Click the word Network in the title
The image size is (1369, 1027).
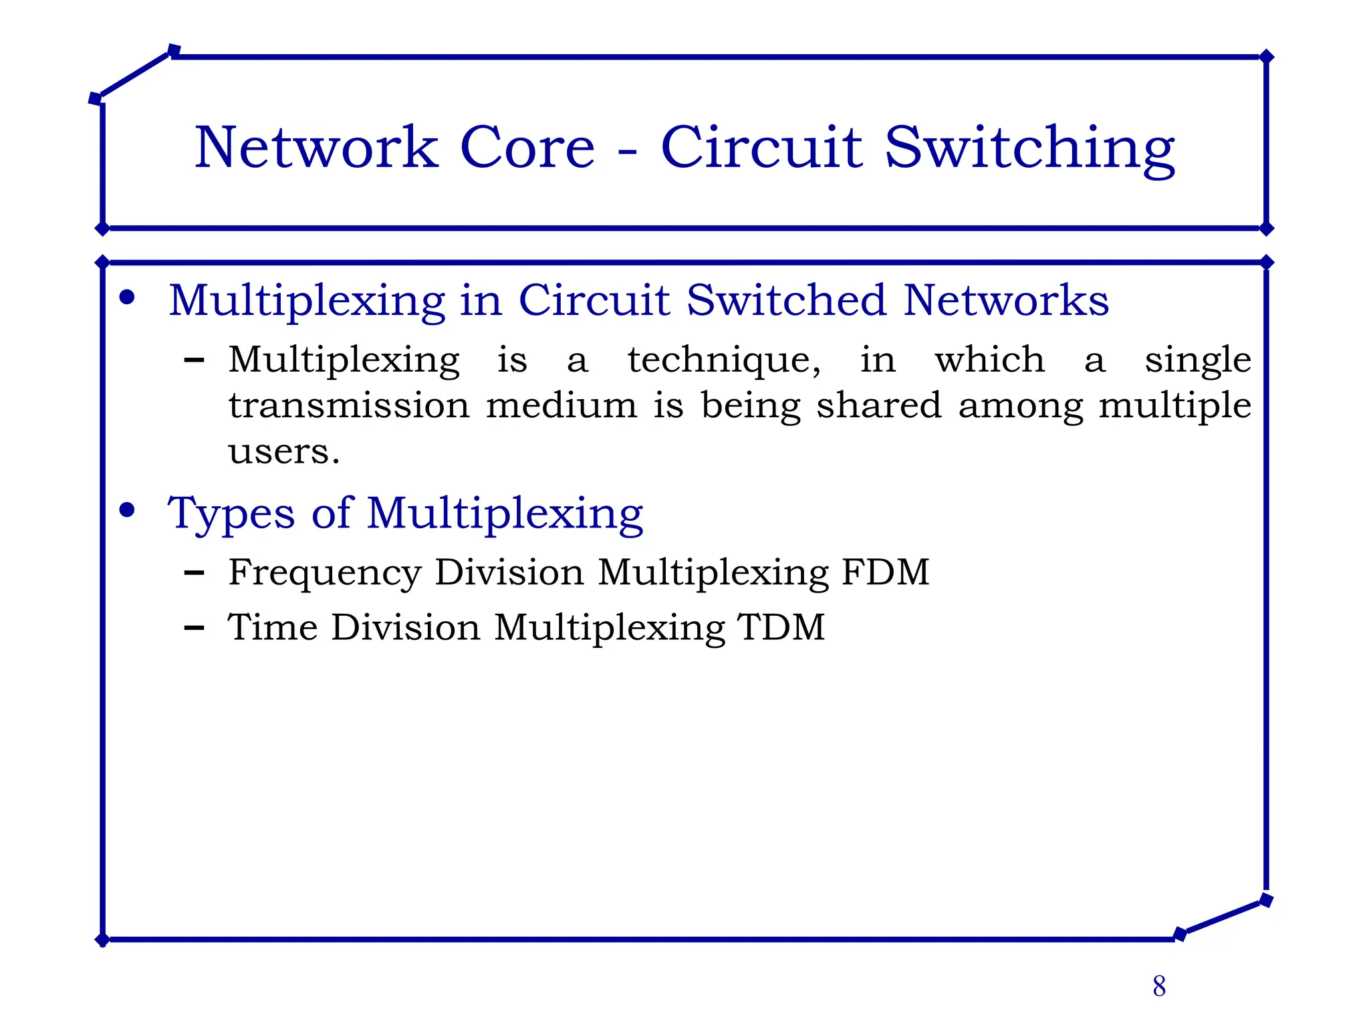coord(316,148)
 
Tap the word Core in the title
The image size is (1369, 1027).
coord(527,148)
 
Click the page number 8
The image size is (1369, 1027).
coord(1159,986)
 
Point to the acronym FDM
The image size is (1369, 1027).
coord(885,572)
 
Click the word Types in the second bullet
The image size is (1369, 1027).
coord(231,514)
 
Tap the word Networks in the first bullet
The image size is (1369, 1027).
coord(1006,300)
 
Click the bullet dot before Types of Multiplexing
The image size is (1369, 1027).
coord(127,511)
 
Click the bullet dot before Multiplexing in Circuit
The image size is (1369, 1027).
coord(127,298)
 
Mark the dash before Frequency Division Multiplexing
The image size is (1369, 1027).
coord(194,573)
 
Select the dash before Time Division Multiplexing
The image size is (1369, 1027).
coord(194,628)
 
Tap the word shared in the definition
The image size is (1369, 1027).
coord(879,406)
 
